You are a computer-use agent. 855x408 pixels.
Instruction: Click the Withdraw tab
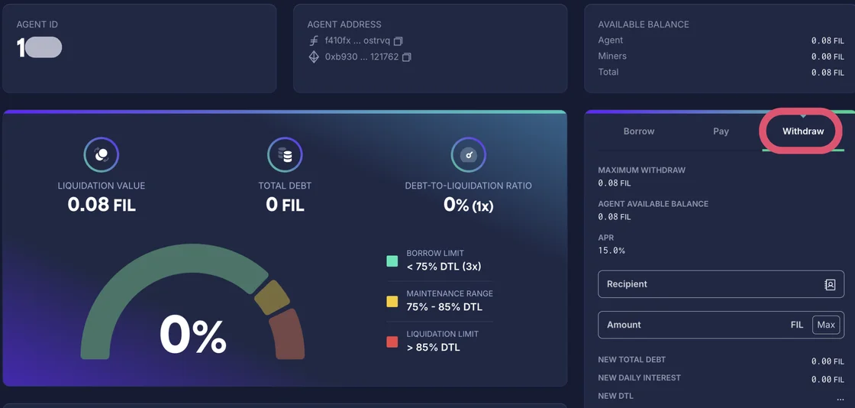coord(802,131)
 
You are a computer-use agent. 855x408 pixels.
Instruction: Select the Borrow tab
coord(639,131)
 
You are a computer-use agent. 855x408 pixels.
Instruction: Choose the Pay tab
coord(721,131)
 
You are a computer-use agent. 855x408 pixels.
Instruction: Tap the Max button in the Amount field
coord(826,325)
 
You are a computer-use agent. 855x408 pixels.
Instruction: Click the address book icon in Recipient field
coord(830,284)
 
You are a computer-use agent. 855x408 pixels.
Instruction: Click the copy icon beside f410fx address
coord(398,40)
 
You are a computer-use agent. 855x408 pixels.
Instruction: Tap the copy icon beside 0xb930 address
coord(406,57)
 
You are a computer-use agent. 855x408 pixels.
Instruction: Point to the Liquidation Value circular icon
coord(101,155)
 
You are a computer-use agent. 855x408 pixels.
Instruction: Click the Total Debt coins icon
coord(285,155)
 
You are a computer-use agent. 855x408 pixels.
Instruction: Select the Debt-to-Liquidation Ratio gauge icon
coord(469,155)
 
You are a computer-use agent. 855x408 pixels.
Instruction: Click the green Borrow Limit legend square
coord(392,261)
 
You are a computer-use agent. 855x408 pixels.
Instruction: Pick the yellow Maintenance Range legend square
coord(392,301)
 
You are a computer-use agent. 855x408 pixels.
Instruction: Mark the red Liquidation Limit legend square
coord(392,342)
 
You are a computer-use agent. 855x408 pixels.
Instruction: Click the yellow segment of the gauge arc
coord(271,296)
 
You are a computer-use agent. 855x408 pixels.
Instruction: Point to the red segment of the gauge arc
coord(289,335)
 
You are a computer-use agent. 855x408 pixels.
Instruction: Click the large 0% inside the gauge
coord(192,336)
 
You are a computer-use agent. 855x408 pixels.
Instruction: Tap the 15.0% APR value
coord(611,251)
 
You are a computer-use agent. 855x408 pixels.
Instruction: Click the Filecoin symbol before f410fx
coord(314,40)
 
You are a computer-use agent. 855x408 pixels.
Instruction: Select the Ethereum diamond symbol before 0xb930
coord(314,57)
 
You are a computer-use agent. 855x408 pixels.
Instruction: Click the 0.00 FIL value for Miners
coord(828,57)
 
